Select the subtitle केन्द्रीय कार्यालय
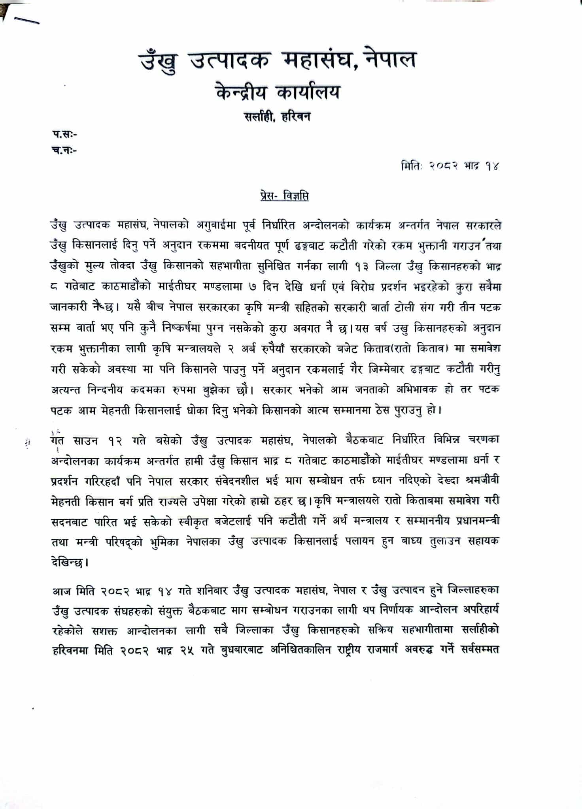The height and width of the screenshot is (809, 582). tap(278, 92)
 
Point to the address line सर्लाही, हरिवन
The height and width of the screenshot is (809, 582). tap(277, 117)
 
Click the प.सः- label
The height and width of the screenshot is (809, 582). tap(64, 134)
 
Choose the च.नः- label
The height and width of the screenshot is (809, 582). tap(64, 150)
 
